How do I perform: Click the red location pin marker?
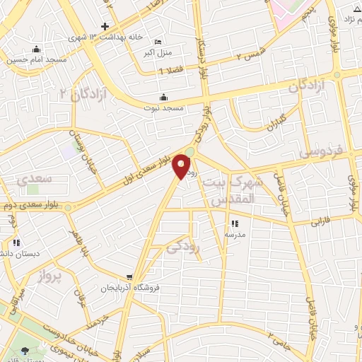[182, 166]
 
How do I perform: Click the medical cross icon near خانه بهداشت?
[105, 26]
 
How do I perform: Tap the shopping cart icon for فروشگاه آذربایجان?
[129, 277]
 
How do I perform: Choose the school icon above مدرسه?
[235, 224]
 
